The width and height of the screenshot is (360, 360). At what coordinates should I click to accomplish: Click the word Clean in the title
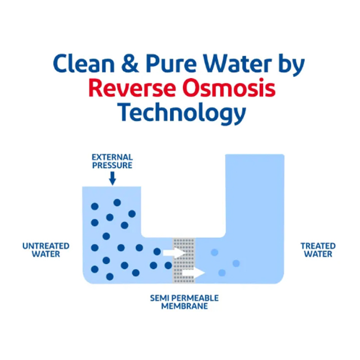tap(84, 64)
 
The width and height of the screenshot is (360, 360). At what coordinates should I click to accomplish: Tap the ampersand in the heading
tap(130, 64)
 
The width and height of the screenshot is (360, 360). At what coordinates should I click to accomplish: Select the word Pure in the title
tap(171, 64)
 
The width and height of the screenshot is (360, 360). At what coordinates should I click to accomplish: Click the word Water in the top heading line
tap(237, 64)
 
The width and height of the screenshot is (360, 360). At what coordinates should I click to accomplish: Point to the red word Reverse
tap(132, 88)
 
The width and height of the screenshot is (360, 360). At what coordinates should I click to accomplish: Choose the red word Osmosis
tap(229, 88)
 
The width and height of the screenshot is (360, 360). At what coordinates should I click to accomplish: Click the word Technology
tap(182, 114)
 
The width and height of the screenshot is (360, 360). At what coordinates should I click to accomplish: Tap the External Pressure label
tap(112, 161)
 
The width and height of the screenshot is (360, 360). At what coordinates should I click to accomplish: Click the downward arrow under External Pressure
tap(112, 178)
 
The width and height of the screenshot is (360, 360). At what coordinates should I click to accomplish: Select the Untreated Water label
tap(46, 250)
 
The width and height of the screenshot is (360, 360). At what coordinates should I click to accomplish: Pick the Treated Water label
tap(318, 250)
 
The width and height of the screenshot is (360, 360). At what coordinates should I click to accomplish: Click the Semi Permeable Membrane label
tap(184, 302)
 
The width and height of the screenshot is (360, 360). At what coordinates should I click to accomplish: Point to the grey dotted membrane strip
tap(184, 261)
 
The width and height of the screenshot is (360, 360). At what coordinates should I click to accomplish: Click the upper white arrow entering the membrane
tap(174, 253)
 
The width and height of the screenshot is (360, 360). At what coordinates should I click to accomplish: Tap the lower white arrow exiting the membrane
tap(193, 273)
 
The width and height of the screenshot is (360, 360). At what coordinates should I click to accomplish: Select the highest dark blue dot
tap(117, 202)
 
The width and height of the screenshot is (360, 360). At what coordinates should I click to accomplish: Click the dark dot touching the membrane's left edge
tap(168, 265)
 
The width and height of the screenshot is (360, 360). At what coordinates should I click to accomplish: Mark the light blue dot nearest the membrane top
tap(214, 253)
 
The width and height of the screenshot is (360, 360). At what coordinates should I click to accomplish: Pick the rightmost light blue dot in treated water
tap(236, 263)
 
